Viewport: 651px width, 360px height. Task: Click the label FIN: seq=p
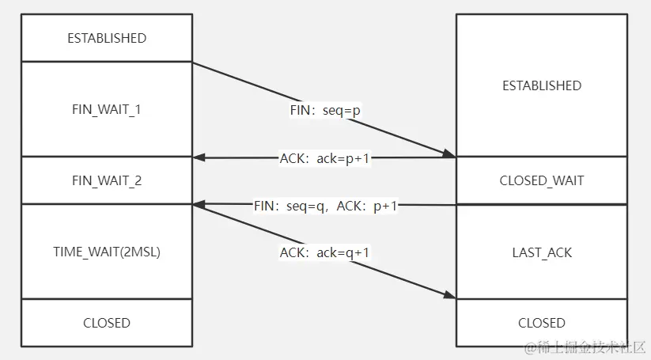pyautogui.click(x=325, y=111)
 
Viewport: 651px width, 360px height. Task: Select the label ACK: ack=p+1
pyautogui.click(x=325, y=158)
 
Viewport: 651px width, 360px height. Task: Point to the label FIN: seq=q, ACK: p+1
pyautogui.click(x=326, y=206)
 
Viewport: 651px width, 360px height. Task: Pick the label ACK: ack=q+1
pyautogui.click(x=325, y=253)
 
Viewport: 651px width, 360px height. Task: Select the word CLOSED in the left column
pyautogui.click(x=107, y=323)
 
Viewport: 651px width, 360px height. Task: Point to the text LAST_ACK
pyautogui.click(x=542, y=253)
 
